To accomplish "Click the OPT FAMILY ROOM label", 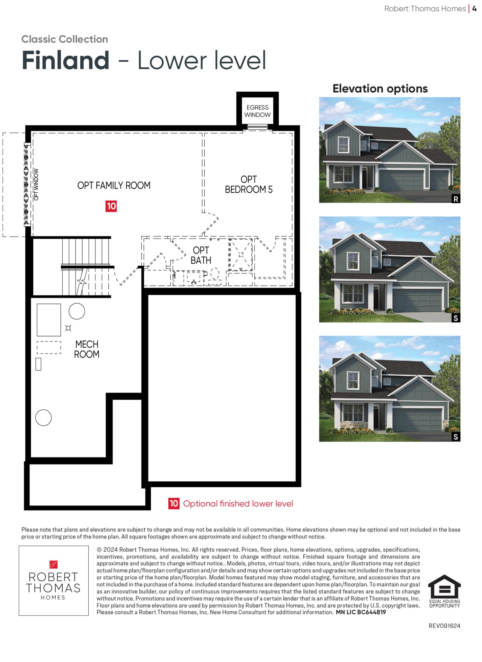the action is tap(114, 186).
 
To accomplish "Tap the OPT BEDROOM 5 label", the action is tap(249, 184).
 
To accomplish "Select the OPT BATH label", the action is tap(201, 255).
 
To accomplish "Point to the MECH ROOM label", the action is tap(87, 349).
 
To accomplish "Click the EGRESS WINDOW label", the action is tap(257, 111).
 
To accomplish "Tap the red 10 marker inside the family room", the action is tap(111, 206).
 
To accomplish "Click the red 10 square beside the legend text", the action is tap(174, 503).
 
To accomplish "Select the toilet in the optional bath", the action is tap(215, 276).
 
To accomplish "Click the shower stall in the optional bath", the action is tap(241, 255).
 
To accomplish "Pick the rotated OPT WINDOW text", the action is tap(36, 184).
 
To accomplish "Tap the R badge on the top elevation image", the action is tap(456, 199).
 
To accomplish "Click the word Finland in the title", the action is tap(66, 60).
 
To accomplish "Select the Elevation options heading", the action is tap(380, 88).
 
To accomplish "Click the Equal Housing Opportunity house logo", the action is tap(444, 591).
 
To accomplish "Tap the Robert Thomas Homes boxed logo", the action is tap(54, 581).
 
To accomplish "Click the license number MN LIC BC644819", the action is tap(361, 612).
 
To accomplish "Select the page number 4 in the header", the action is tap(474, 9).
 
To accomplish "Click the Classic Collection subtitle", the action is tap(65, 39).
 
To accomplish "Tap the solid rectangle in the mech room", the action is tap(49, 320).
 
